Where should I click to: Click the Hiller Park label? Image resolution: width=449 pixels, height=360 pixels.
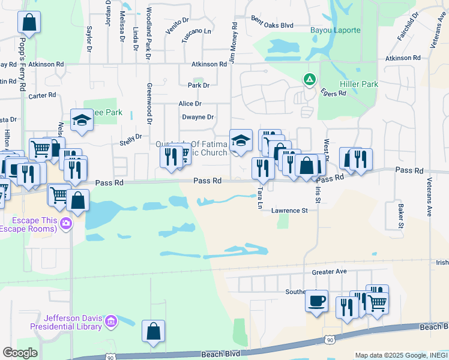click(359, 85)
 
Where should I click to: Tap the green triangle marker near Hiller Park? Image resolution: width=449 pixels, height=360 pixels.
click(309, 79)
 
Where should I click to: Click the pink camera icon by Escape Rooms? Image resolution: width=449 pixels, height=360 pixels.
click(66, 224)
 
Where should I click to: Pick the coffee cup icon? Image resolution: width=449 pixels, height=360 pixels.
click(316, 301)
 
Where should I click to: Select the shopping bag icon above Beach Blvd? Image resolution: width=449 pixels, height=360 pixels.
click(153, 330)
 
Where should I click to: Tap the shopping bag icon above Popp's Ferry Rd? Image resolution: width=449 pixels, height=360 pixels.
click(28, 23)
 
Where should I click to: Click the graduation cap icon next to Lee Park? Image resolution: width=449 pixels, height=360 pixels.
click(81, 120)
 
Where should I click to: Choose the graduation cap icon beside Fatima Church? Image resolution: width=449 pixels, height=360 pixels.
click(241, 140)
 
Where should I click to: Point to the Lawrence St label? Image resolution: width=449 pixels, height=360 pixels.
click(289, 211)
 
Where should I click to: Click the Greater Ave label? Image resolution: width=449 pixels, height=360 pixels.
click(329, 272)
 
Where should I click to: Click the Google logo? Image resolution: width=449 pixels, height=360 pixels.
click(19, 352)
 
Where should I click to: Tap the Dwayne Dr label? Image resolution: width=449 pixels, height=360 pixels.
click(197, 117)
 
